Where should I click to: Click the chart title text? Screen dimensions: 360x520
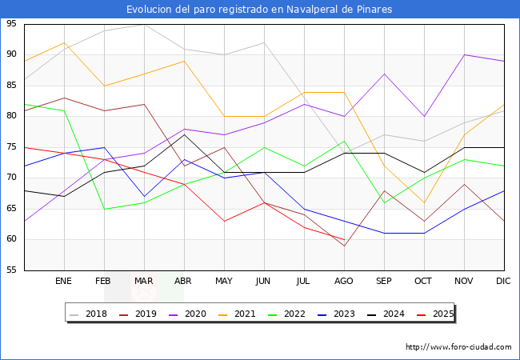pyautogui.click(x=259, y=10)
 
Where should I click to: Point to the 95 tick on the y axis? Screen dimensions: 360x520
pyautogui.click(x=11, y=24)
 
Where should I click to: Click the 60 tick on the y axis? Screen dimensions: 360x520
pyautogui.click(x=11, y=239)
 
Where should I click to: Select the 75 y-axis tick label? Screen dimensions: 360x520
pyautogui.click(x=11, y=147)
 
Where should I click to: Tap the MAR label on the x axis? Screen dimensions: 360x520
pyautogui.click(x=144, y=282)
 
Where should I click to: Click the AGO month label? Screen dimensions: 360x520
pyautogui.click(x=344, y=282)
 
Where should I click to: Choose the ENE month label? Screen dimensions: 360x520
pyautogui.click(x=64, y=282)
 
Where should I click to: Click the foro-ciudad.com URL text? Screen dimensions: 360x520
pyautogui.click(x=458, y=347)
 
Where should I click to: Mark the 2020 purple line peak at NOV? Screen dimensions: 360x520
pyautogui.click(x=464, y=54)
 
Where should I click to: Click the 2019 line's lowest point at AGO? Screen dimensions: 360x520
pyautogui.click(x=344, y=246)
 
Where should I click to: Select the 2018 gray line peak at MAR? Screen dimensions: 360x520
pyautogui.click(x=144, y=24)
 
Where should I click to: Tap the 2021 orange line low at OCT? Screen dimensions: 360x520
pyautogui.click(x=424, y=202)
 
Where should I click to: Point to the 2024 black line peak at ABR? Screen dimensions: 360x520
pyautogui.click(x=184, y=134)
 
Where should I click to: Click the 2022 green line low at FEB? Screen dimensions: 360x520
pyautogui.click(x=104, y=209)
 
